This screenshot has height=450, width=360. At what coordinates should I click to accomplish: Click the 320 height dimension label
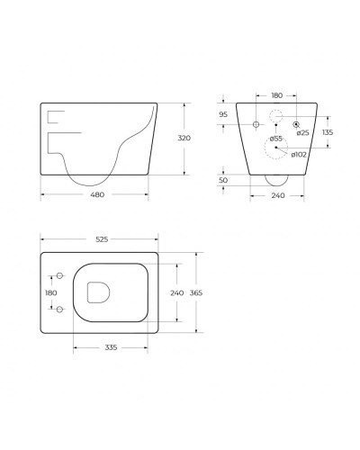click(x=184, y=139)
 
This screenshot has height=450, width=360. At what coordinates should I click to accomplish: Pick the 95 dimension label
click(x=223, y=115)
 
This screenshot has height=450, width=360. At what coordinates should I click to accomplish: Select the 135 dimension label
click(x=328, y=133)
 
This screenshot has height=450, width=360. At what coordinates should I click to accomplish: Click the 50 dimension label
click(x=223, y=180)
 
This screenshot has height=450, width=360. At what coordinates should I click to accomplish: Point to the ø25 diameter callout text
click(x=303, y=132)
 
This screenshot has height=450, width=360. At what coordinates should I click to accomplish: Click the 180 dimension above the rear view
click(x=276, y=94)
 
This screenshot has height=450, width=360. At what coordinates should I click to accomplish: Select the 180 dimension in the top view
click(x=49, y=292)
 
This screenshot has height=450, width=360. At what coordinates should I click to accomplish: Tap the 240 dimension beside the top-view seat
click(x=176, y=292)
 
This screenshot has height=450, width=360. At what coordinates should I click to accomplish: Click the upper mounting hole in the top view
click(x=59, y=275)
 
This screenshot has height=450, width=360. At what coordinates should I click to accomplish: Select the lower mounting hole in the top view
click(x=59, y=310)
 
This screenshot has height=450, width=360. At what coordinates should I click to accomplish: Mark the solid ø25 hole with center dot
click(x=296, y=121)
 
